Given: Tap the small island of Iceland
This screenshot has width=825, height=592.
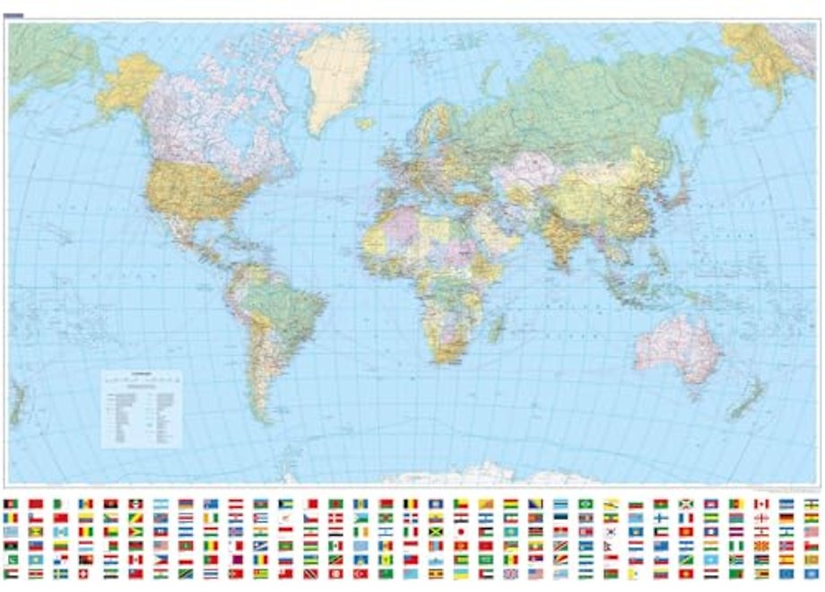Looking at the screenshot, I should tap(364, 124).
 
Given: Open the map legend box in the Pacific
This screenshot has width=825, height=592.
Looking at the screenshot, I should tap(141, 408).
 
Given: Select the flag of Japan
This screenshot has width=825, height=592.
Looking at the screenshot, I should tap(461, 531).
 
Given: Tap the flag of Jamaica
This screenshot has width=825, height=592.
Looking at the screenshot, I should tap(436, 531).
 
